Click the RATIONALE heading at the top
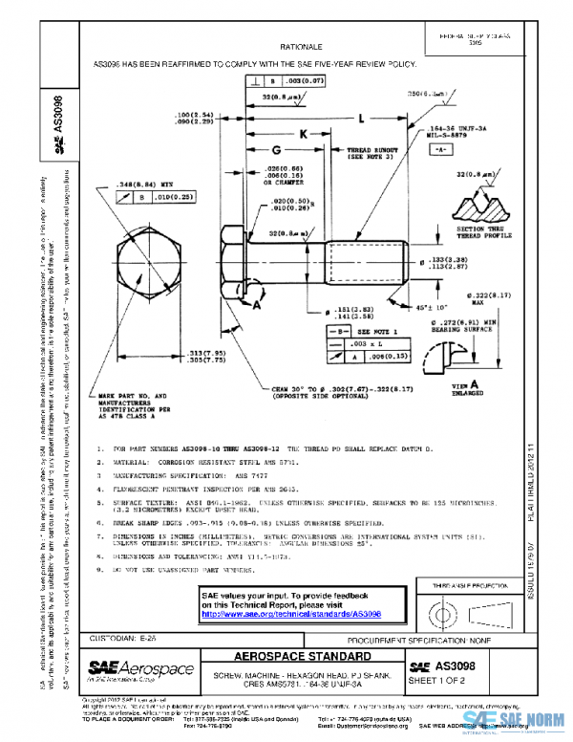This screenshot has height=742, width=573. click(x=300, y=46)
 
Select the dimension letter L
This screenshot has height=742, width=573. click(x=363, y=120)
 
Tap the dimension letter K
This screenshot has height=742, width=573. click(x=305, y=136)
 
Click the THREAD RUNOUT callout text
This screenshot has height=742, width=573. click(x=371, y=154)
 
